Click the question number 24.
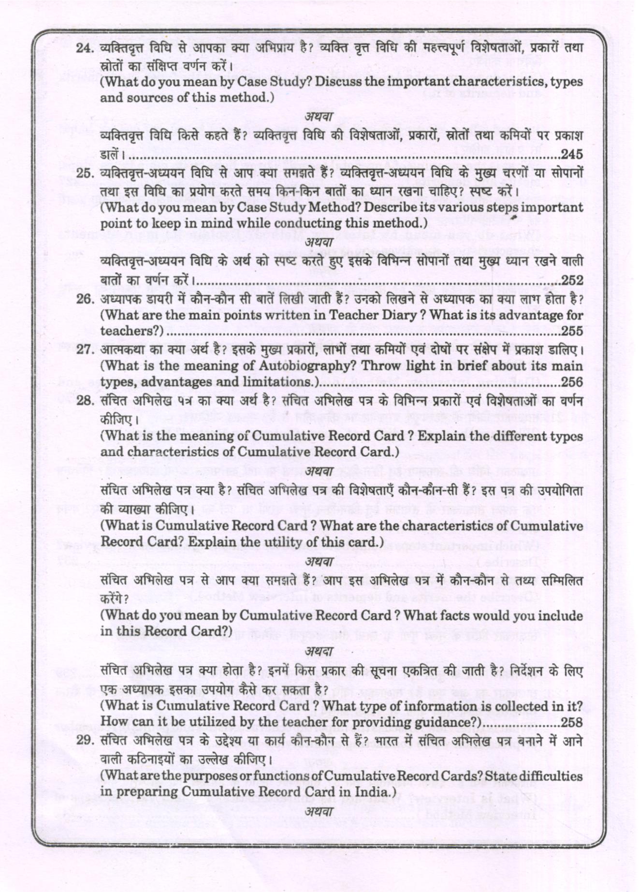85,48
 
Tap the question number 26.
85,299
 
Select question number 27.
85,350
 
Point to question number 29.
85,741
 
